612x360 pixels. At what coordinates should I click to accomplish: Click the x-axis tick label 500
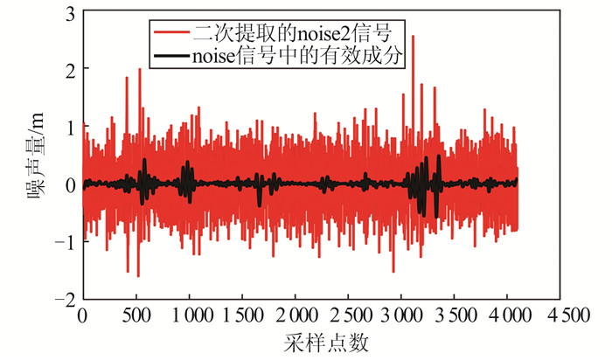click(136, 315)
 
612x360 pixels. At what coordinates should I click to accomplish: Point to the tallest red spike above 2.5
click(414, 38)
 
